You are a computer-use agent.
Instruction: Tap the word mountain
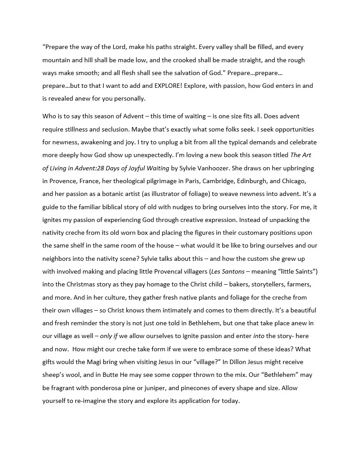click(x=56, y=60)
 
